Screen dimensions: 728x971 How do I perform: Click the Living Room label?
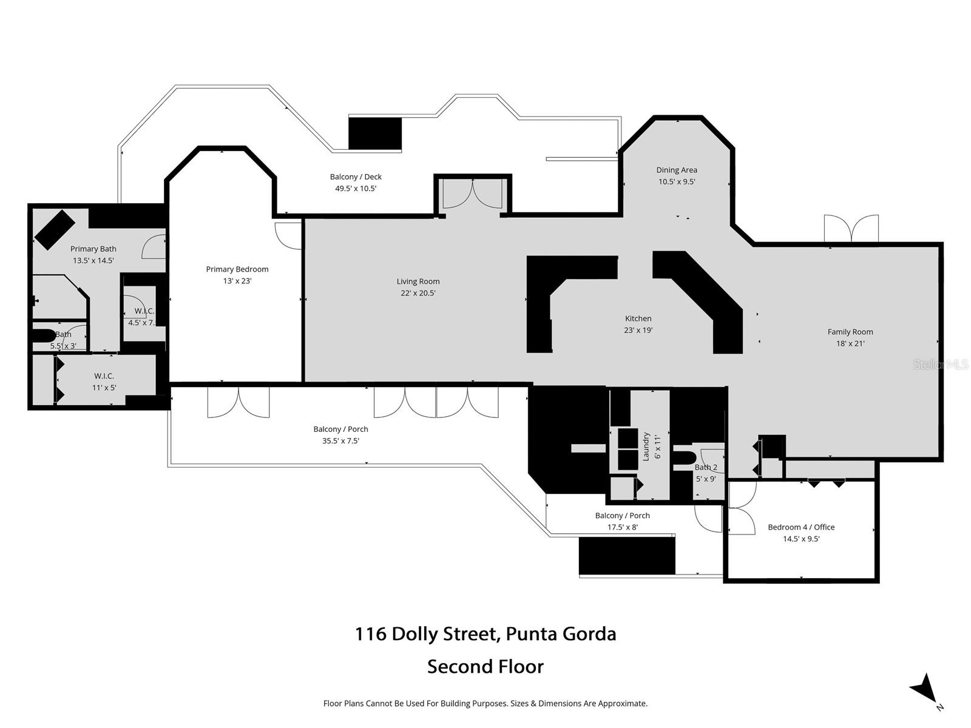(x=418, y=281)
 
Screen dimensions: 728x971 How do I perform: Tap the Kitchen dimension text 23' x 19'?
(x=638, y=331)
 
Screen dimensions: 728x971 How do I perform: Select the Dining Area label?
(x=676, y=170)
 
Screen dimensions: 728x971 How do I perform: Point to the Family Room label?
(x=850, y=332)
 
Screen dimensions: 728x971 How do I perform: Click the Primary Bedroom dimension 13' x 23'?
(x=237, y=281)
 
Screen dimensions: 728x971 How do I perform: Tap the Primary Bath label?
(x=93, y=249)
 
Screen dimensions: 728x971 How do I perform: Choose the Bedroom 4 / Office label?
(x=801, y=527)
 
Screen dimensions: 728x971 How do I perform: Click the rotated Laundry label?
(x=646, y=447)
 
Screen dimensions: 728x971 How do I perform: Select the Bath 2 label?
(x=706, y=467)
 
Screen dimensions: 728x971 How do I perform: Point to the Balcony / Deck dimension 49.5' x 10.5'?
(x=356, y=189)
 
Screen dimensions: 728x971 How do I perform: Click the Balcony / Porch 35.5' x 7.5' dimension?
(x=340, y=441)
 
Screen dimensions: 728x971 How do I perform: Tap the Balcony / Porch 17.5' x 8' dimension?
(x=622, y=527)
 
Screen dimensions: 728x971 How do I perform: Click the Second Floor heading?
(x=485, y=667)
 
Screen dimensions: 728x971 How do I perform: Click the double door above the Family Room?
(x=851, y=229)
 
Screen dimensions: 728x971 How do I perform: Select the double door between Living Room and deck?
(x=473, y=194)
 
